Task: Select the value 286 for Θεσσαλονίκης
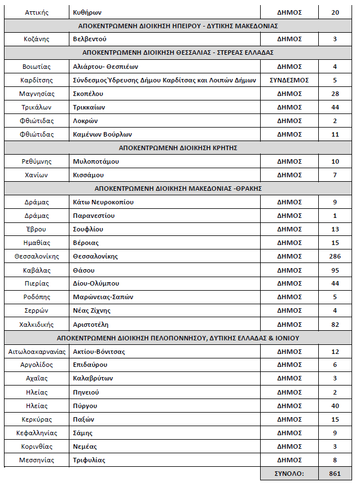pyautogui.click(x=335, y=256)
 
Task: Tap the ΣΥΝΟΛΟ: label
pyautogui.click(x=289, y=473)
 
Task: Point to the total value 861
pyautogui.click(x=335, y=473)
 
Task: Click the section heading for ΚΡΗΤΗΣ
pyautogui.click(x=178, y=148)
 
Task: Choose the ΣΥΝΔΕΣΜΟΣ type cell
pyautogui.click(x=289, y=80)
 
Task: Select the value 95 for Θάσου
pyautogui.click(x=335, y=270)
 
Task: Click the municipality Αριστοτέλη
pyautogui.click(x=91, y=324)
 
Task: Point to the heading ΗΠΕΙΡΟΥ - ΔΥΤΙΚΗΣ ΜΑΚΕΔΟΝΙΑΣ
pyautogui.click(x=178, y=25)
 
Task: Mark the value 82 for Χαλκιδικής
pyautogui.click(x=335, y=324)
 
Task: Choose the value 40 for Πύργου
pyautogui.click(x=335, y=406)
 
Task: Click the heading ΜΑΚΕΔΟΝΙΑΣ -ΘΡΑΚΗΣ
pyautogui.click(x=178, y=189)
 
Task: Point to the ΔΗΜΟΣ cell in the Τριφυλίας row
pyautogui.click(x=289, y=460)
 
